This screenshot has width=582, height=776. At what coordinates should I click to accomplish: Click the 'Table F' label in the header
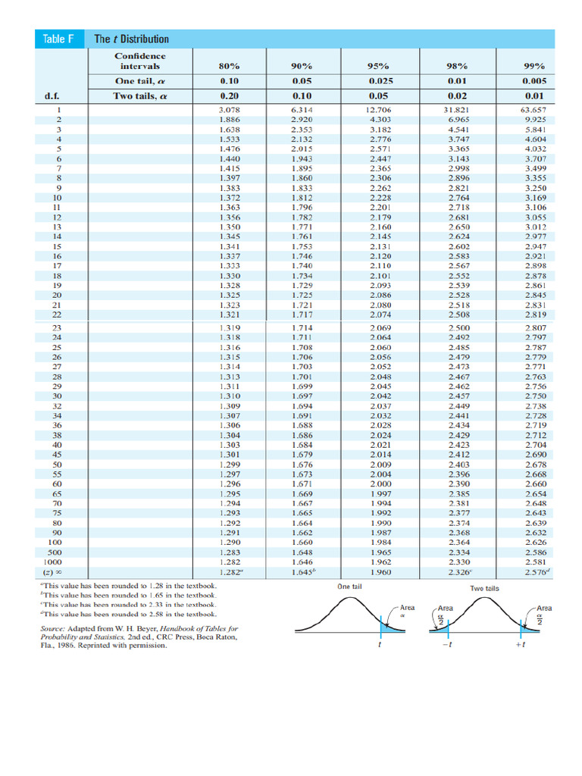click(58, 39)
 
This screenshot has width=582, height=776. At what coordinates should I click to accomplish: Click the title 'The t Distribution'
click(131, 39)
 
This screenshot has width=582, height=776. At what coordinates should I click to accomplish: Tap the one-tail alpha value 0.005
click(534, 81)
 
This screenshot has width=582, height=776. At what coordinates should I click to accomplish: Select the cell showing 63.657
click(534, 111)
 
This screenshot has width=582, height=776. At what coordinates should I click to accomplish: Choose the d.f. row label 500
click(55, 553)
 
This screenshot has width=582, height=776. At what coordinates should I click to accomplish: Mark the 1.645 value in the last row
click(304, 573)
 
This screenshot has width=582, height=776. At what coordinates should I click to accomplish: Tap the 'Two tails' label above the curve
click(483, 588)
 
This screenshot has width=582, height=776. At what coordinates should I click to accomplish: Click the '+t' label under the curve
click(520, 644)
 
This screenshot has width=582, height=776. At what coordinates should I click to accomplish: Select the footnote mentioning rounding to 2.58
click(128, 614)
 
